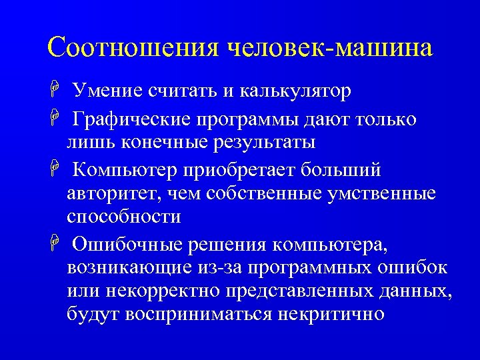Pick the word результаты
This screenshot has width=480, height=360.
pyautogui.click(x=260, y=142)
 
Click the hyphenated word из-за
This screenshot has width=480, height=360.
pyautogui.click(x=225, y=268)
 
